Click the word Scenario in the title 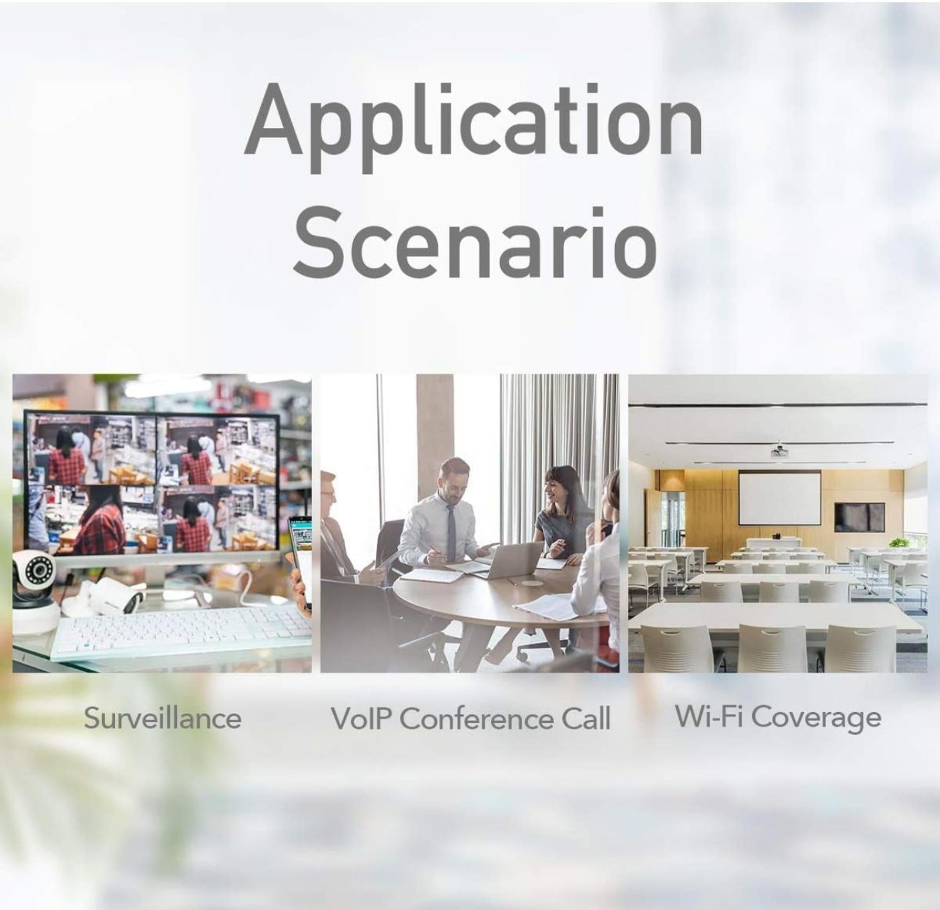click(x=475, y=242)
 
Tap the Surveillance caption click(x=162, y=718)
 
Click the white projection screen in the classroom click(x=780, y=498)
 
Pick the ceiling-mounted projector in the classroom click(x=780, y=451)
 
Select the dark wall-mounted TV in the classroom click(x=860, y=517)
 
